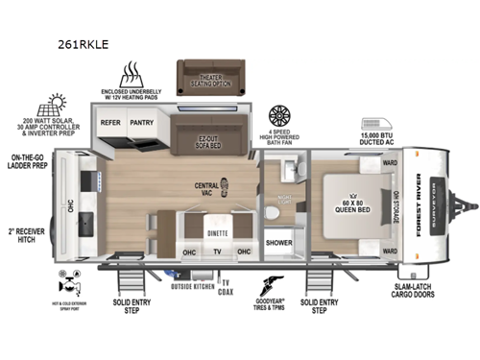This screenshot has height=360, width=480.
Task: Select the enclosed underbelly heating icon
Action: point(132,74)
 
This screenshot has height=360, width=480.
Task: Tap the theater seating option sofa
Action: point(211,78)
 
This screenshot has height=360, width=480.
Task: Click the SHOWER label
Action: point(279,243)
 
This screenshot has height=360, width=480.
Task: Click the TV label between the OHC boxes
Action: point(216,252)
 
